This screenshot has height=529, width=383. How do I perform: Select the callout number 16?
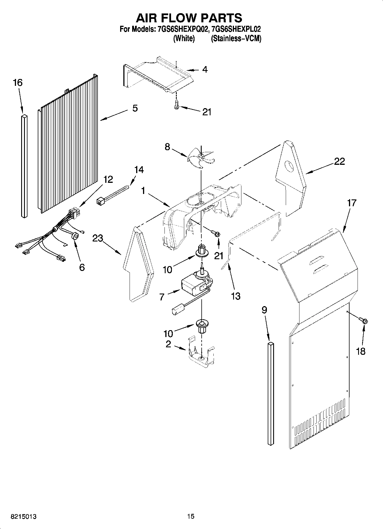17,83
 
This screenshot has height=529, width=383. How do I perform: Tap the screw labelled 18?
364,321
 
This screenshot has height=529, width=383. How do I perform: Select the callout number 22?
340,161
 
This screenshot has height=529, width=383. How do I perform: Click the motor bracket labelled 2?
202,355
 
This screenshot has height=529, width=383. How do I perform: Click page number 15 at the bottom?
191,516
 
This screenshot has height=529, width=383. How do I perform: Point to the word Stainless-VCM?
236,39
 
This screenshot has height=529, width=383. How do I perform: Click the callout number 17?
352,203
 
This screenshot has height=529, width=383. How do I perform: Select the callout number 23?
98,238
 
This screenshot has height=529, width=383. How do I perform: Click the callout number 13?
236,296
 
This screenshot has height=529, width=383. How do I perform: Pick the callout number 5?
135,108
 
